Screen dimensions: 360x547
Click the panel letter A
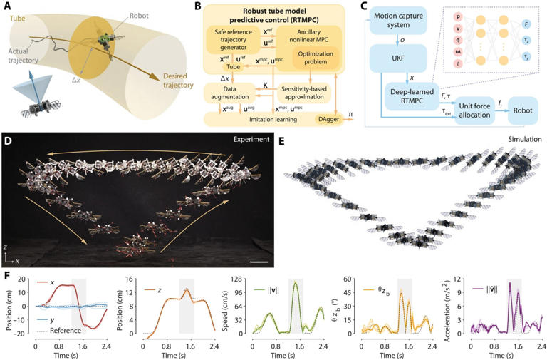click(x=6, y=6)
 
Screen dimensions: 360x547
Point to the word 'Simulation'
click(x=521, y=139)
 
